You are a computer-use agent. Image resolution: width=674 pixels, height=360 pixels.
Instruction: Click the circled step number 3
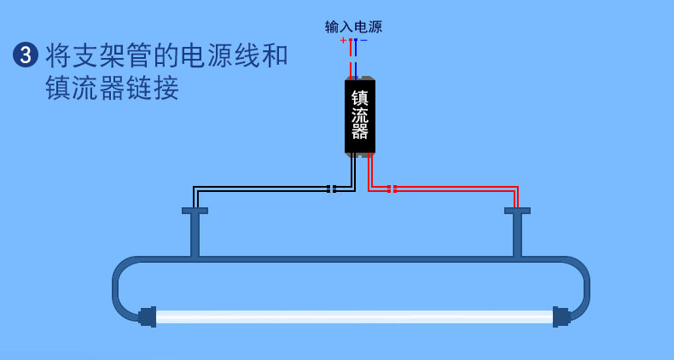point(26,55)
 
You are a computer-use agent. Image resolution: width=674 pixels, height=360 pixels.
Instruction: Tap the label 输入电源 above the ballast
point(353,26)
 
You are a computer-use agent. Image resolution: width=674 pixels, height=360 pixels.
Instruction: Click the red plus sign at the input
point(343,40)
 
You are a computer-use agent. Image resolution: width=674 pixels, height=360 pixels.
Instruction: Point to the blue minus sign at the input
point(364,40)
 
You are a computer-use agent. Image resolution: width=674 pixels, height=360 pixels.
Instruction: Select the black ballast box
point(360,117)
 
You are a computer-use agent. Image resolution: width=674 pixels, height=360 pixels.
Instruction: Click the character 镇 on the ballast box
point(360,98)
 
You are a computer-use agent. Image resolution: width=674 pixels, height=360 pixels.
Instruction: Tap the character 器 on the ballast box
point(360,133)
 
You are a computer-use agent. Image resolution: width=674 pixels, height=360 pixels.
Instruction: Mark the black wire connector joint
point(332,189)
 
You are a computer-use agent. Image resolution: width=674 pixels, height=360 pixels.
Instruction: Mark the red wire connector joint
point(392,189)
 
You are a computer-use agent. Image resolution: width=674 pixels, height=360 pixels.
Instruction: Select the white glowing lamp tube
point(354,316)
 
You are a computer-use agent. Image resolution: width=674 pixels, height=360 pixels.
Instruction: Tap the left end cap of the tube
point(147,316)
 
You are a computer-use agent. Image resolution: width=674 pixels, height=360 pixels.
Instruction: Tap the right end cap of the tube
point(561,316)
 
